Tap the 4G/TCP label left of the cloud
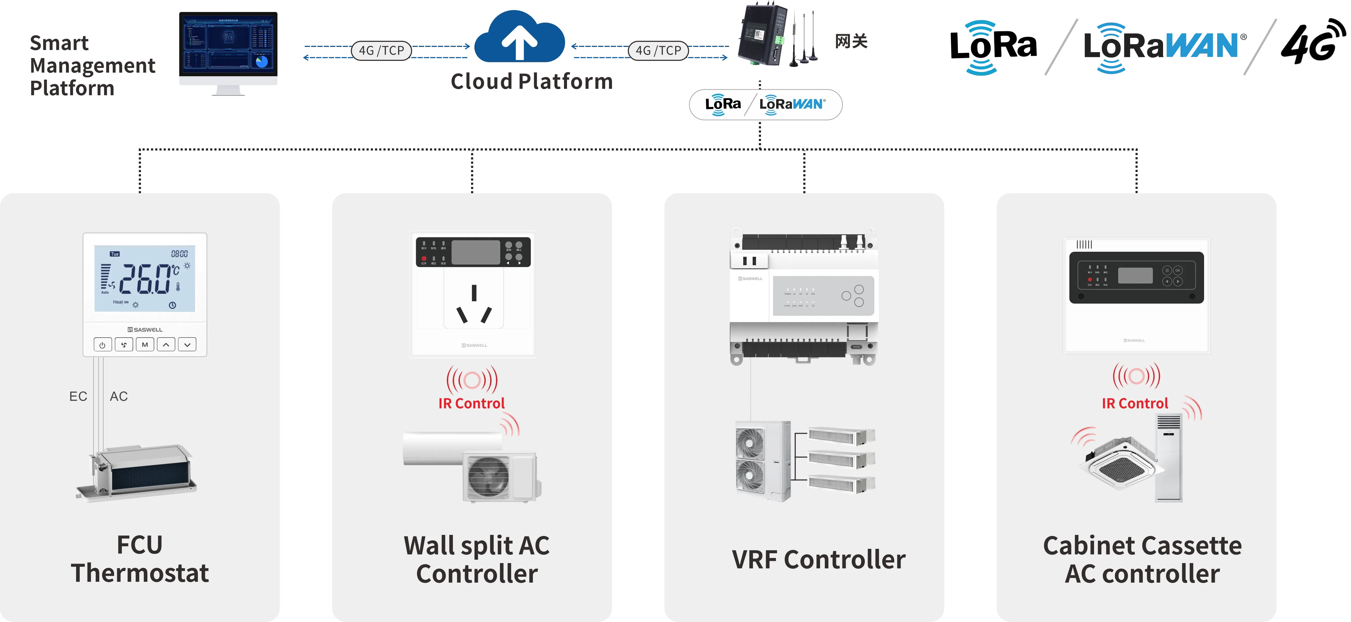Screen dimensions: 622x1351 click(381, 51)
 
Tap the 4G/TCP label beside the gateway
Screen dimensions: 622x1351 click(658, 51)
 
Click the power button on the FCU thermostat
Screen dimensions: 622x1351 click(102, 345)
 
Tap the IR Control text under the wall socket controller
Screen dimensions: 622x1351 click(471, 404)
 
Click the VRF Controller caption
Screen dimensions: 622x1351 click(818, 560)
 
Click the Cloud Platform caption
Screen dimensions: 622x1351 click(531, 82)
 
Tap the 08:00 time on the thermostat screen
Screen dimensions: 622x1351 click(179, 254)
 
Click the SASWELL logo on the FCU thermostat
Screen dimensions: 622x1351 click(145, 330)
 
